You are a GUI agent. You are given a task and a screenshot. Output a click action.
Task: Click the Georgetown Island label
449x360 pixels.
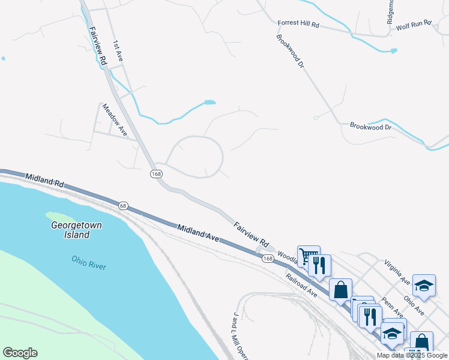pos(76,230)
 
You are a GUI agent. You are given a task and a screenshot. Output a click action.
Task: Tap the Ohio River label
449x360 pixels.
pos(88,262)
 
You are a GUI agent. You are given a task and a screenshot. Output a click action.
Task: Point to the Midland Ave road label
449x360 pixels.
pos(199,232)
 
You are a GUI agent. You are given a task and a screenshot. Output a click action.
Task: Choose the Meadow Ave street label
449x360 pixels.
pos(114,119)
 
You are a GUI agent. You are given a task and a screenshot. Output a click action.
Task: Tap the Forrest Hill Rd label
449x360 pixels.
pos(298,25)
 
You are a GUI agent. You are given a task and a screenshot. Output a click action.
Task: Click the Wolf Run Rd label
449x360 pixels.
pos(414,25)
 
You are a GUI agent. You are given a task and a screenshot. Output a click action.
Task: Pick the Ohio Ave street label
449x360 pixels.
pos(414,305)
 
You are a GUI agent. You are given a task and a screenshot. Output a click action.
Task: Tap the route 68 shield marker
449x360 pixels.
pos(123,205)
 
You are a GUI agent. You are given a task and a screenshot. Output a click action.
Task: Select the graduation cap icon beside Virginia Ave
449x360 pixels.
pos(424,286)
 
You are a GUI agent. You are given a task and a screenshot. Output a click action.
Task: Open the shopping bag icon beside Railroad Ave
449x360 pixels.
pos(340,290)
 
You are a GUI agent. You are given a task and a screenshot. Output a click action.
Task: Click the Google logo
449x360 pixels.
pos(20,353)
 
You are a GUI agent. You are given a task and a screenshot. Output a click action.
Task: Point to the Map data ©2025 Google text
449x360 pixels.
pos(412,355)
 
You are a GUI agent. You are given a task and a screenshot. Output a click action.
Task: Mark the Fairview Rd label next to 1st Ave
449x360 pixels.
pos(97,45)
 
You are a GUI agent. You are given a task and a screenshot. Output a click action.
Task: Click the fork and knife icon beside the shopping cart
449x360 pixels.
pos(320,265)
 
